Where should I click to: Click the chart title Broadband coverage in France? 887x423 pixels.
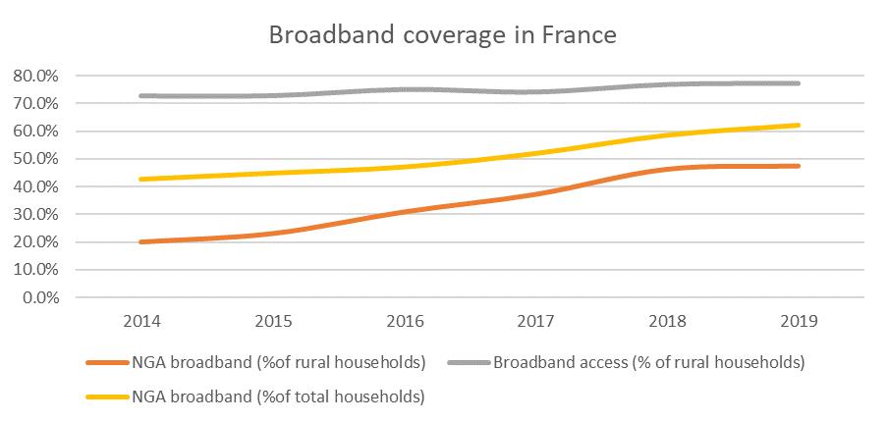pos(443,36)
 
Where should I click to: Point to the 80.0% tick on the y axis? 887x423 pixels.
pos(34,76)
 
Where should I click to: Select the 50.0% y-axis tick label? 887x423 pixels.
pos(34,159)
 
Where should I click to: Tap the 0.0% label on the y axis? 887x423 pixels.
pos(38,297)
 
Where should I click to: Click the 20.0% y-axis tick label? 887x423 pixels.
pos(34,241)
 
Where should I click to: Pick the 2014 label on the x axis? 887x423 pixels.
pos(143,321)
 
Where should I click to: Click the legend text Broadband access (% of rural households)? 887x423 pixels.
pos(648,363)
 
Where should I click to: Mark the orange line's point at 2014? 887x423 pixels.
pos(143,241)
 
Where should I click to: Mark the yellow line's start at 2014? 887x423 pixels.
pos(143,179)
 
